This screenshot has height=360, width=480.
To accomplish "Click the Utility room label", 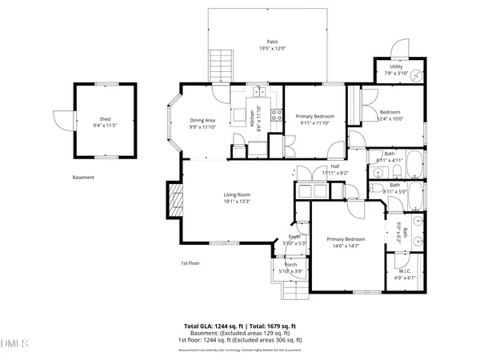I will click(396, 66).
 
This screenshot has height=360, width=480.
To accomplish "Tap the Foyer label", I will click(294, 238).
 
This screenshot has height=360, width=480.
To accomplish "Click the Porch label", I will click(290, 265).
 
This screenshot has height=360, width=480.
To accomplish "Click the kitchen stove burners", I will click(276, 114).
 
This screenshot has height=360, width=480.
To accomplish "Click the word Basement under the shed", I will click(83, 177).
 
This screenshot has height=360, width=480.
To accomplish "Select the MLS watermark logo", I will click(14, 345).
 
